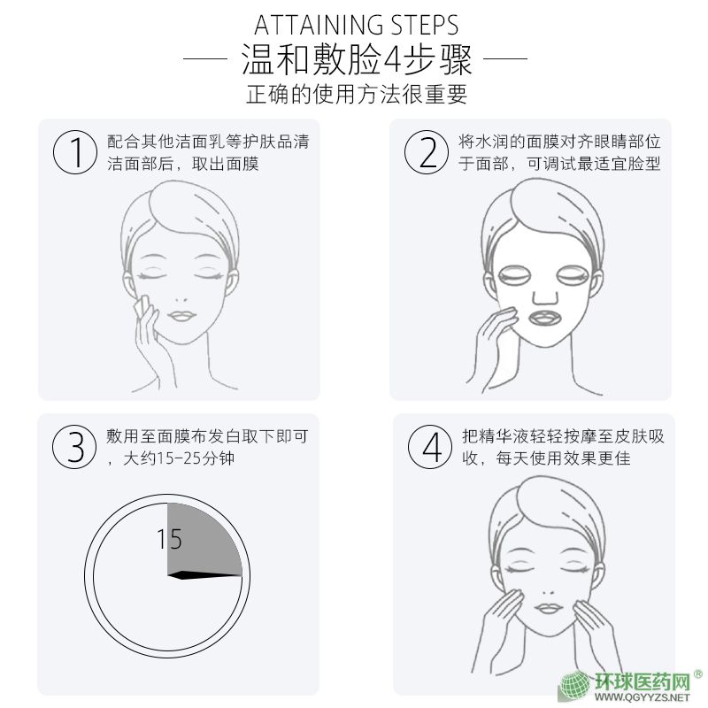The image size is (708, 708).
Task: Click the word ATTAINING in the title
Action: coord(319,25)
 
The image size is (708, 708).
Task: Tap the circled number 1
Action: coord(75,152)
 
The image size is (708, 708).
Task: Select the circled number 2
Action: coord(427,152)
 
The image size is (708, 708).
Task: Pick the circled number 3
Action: coord(74,447)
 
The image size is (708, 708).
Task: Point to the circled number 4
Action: coord(430,447)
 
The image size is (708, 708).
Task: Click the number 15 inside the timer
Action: coord(169,539)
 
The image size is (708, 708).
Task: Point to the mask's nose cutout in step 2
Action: coord(545,297)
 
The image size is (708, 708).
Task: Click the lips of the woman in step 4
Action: coord(549,608)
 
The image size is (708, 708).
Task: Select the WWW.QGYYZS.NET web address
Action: coord(643,697)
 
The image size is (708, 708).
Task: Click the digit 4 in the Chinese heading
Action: coord(392,60)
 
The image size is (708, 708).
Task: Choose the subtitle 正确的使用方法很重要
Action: coord(357,95)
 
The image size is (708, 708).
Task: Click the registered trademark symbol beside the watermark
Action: coord(697,674)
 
